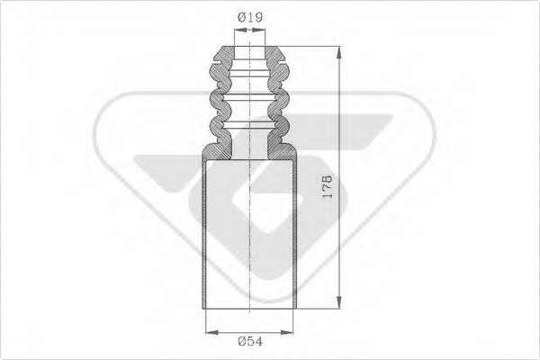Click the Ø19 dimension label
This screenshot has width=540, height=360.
tap(250, 17)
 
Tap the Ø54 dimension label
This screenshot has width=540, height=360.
tap(250, 341)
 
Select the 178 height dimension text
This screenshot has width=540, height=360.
tap(327, 186)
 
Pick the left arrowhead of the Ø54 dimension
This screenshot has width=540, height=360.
tap(212, 332)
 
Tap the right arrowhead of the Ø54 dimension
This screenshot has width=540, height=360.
tap(286, 332)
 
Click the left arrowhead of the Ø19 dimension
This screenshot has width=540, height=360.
tap(241, 30)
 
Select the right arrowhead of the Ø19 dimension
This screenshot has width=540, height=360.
tap(258, 30)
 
